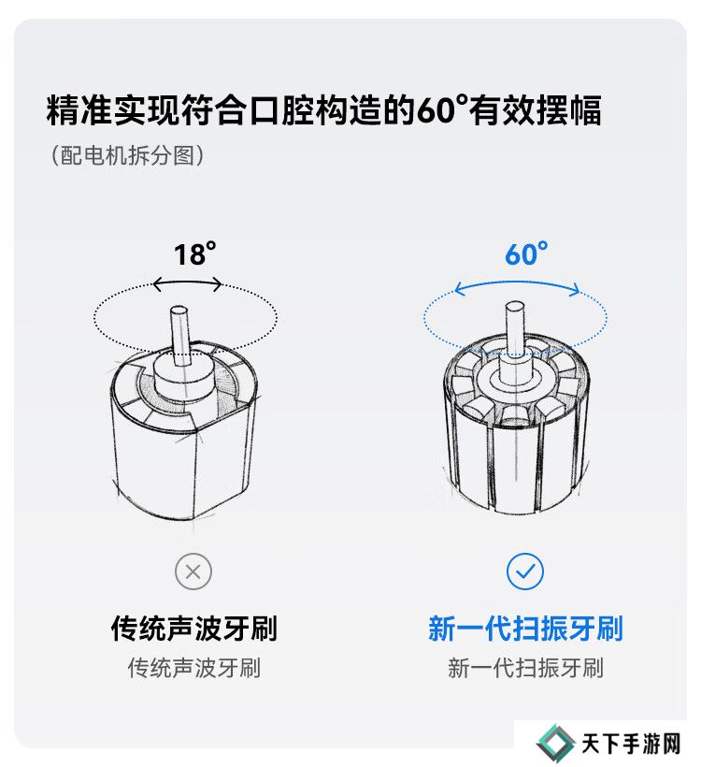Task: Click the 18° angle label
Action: coord(194,254)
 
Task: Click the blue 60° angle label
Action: coord(526,254)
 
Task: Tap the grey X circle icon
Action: coord(193,572)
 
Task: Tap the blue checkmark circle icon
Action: coord(525,572)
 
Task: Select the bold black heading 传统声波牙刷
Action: coord(194,629)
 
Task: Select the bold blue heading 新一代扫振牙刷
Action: coord(525,629)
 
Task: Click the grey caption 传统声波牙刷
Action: coord(194,668)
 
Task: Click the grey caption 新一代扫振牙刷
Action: coord(525,668)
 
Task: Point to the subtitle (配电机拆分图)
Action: coord(128,155)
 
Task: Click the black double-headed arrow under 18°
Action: coord(187,283)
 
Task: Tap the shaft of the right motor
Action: coord(514,328)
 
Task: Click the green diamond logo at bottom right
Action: coord(556,744)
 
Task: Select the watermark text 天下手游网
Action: coord(631,745)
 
